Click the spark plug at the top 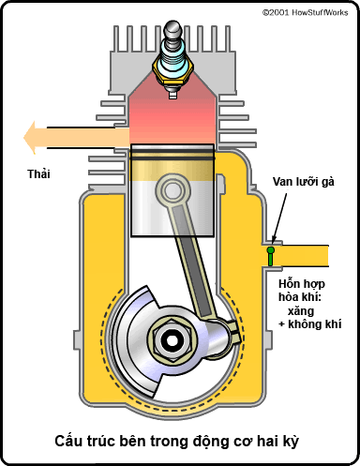coord(172,59)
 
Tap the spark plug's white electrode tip coord(172,95)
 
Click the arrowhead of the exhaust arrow coord(30,138)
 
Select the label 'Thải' coord(38,174)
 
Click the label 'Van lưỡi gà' coord(304,182)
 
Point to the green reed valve coord(271,256)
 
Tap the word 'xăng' coord(301,311)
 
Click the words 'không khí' coord(315,324)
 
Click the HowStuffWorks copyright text coord(305,12)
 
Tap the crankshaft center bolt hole coord(172,340)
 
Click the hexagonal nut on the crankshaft coord(172,340)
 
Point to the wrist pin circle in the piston coord(172,190)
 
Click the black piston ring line coord(172,158)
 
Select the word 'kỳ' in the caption coord(290,442)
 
